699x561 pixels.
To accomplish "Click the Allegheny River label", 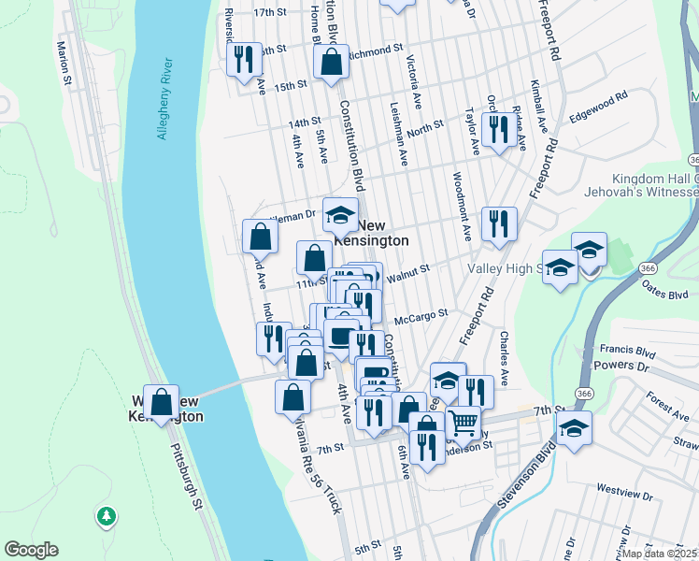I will [x=164, y=99].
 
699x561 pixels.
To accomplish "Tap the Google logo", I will [x=31, y=550].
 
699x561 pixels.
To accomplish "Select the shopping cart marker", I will [x=463, y=422].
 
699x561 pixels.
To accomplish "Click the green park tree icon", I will [x=107, y=515].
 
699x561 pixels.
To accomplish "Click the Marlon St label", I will [x=64, y=63].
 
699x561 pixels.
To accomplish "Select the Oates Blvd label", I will [x=664, y=293].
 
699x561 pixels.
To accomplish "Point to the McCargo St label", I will [x=428, y=315].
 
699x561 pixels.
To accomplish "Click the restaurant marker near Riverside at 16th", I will [x=243, y=59].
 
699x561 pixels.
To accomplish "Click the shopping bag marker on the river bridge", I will [x=162, y=402].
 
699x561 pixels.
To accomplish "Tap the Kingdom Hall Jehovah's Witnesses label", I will [x=655, y=185].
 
